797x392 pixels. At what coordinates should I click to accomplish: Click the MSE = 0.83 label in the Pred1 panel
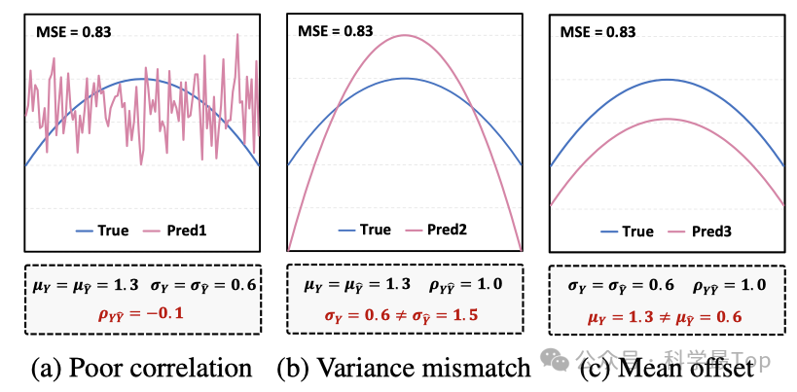click(73, 31)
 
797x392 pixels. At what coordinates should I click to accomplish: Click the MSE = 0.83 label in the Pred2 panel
click(334, 31)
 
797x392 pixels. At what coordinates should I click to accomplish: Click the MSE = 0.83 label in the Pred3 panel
click(597, 31)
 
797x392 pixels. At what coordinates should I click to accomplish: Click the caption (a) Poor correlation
click(141, 368)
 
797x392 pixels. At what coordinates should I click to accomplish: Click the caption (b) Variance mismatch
click(404, 368)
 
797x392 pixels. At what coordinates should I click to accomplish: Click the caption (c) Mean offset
click(667, 368)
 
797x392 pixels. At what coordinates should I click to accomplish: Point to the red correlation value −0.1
click(142, 314)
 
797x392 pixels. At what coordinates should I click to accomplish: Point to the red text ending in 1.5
click(406, 314)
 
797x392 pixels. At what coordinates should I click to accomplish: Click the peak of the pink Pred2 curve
click(405, 34)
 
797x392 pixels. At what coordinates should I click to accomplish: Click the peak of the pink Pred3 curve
click(667, 119)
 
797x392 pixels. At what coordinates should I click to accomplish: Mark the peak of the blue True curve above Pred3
click(667, 79)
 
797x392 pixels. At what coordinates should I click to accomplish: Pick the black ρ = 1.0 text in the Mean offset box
click(723, 285)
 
